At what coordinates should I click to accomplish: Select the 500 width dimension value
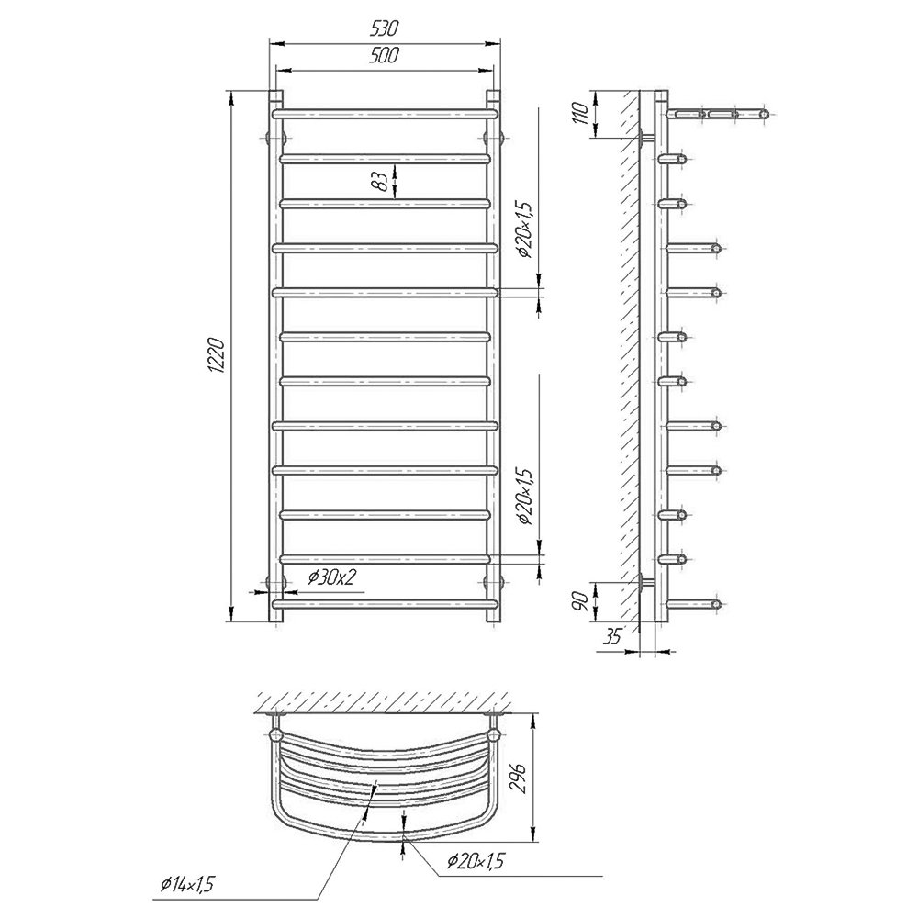click(384, 55)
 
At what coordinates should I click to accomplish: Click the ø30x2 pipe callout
click(332, 577)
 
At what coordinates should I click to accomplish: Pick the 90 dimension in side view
click(579, 601)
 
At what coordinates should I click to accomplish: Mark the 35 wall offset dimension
click(611, 636)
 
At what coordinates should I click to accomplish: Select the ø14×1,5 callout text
click(186, 884)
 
